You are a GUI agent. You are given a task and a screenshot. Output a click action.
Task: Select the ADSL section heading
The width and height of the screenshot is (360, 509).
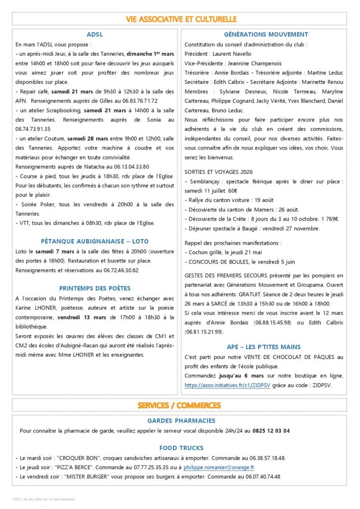pyautogui.click(x=94, y=35)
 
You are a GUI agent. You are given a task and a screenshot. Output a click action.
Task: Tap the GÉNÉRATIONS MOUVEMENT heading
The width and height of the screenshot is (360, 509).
pyautogui.click(x=266, y=35)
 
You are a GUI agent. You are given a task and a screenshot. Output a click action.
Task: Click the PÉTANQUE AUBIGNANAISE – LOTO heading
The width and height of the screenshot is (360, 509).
pyautogui.click(x=94, y=242)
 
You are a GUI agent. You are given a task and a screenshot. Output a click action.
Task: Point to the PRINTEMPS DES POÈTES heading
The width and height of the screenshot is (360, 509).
pyautogui.click(x=94, y=288)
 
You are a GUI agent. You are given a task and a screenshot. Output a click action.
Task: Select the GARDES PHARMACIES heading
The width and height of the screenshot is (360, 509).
pyautogui.click(x=181, y=421)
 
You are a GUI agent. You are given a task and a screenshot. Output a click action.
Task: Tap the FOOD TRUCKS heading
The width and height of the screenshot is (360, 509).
pyautogui.click(x=181, y=448)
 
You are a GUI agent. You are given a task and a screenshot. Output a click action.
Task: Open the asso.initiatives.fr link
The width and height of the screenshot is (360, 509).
pyautogui.click(x=227, y=385)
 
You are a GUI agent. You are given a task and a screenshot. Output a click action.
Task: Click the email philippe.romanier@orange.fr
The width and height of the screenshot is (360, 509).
pyautogui.click(x=219, y=467)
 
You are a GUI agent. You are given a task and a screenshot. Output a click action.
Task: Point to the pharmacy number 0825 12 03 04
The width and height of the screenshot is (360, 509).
pyautogui.click(x=271, y=431)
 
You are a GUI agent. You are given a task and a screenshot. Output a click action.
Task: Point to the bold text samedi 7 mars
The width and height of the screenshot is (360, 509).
pyautogui.click(x=52, y=252)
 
